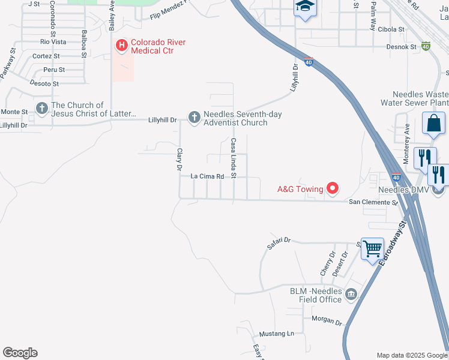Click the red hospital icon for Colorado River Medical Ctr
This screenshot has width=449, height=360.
[122, 45]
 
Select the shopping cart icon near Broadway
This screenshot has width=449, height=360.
[373, 247]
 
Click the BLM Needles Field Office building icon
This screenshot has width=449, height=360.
[351, 294]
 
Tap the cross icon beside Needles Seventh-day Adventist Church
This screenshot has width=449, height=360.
[194, 118]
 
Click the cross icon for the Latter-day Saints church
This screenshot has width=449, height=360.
[41, 109]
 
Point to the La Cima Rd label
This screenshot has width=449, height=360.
[207, 176]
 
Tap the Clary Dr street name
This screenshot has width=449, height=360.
[178, 160]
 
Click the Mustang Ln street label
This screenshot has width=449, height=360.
[277, 334]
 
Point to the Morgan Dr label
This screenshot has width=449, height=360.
[326, 320]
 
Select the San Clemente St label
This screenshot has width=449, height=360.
[374, 203]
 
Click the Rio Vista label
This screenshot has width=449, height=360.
[53, 42]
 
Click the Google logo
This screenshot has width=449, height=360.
[20, 353]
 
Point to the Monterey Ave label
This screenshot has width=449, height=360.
[406, 136]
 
